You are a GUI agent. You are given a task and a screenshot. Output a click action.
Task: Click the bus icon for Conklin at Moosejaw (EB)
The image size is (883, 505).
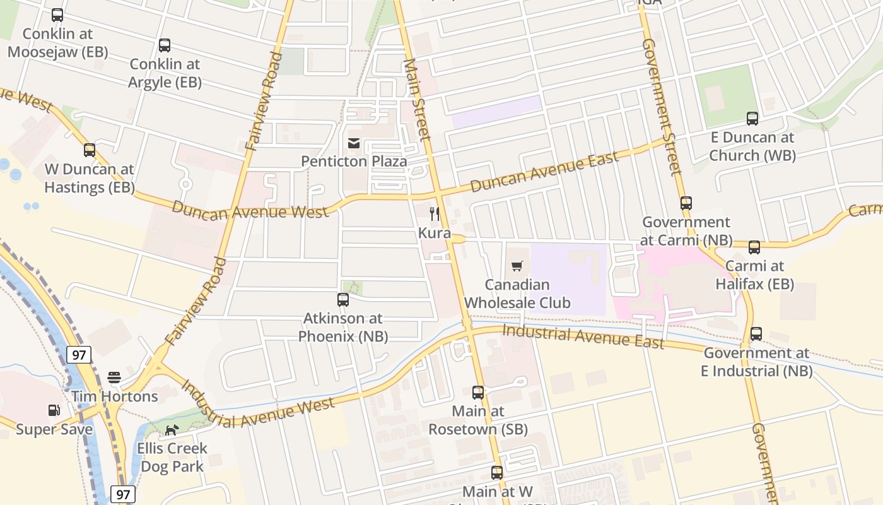pos(57,15)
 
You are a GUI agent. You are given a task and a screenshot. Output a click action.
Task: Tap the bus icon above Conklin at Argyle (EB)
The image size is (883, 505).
pos(165,45)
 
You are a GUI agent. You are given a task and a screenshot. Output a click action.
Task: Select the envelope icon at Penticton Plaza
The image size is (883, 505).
pos(354,143)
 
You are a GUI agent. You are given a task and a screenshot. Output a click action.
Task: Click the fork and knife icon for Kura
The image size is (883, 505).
pos(435,214)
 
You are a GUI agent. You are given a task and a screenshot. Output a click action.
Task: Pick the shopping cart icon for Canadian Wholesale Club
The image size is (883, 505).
pos(517,266)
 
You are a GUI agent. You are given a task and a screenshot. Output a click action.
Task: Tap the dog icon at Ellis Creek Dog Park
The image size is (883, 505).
pos(172,431)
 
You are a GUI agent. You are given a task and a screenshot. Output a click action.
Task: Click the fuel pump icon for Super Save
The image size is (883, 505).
pos(54,410)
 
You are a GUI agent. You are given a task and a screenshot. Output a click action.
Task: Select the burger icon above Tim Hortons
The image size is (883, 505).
pos(114,377)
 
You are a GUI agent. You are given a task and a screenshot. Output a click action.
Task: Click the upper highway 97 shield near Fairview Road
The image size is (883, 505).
pos(79,355)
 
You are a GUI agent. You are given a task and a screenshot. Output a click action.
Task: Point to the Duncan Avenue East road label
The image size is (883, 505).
pos(544,172)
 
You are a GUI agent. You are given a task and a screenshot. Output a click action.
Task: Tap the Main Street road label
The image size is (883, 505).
pos(417,99)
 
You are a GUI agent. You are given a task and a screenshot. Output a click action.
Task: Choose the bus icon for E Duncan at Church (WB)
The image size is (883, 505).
pos(752,119)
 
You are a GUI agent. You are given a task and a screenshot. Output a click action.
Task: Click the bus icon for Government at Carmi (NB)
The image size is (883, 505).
pos(686,203)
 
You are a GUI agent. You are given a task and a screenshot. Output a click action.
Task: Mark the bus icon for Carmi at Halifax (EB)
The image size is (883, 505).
pos(754,247)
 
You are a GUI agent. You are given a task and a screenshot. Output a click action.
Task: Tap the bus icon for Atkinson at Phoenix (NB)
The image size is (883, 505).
pos(343,300)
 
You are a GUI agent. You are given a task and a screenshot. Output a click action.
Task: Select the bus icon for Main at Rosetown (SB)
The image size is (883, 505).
pos(478,393)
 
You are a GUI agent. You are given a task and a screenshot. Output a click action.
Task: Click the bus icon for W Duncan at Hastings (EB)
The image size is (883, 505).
pos(90,150)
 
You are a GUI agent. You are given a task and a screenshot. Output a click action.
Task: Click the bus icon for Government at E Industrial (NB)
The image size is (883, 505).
pos(756,334)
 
